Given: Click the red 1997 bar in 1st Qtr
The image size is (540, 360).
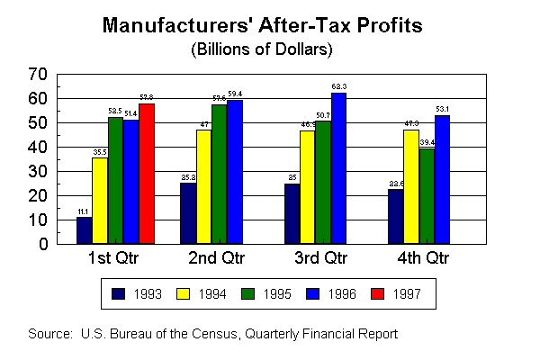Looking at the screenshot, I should (147, 174).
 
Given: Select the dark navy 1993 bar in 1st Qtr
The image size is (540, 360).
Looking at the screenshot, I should (84, 230).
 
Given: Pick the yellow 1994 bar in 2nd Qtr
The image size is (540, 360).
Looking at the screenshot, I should (203, 186).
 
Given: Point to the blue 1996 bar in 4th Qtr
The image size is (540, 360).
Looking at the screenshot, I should (442, 179).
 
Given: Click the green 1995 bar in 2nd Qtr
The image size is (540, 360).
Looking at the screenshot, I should (219, 174).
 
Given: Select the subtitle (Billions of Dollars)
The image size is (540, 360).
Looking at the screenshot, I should (270, 47).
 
